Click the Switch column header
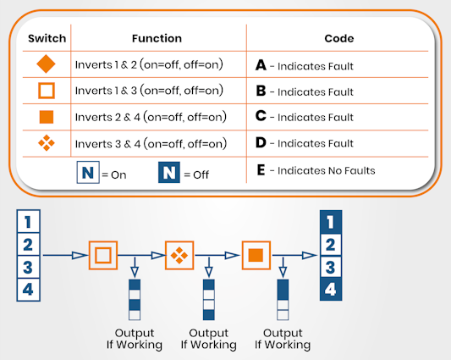(47, 38)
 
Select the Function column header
(157, 38)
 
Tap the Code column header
(338, 38)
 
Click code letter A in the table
(261, 65)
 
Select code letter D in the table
(261, 144)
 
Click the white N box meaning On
(87, 173)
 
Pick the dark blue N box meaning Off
(169, 173)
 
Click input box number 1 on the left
(29, 223)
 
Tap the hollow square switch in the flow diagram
(102, 254)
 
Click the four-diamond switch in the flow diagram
(179, 254)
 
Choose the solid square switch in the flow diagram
(257, 254)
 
